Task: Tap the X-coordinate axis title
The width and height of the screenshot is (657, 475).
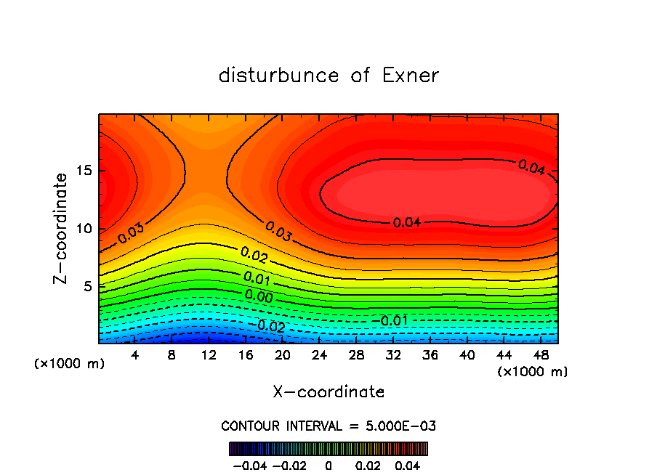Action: tap(328, 392)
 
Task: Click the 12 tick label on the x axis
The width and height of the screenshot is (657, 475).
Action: tap(209, 355)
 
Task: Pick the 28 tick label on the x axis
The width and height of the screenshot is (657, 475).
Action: tap(355, 355)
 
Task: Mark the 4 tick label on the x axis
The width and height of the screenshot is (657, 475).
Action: tap(135, 355)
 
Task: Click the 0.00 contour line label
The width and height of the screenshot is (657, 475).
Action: tap(259, 296)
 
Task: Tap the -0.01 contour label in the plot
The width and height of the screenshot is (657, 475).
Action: tap(393, 320)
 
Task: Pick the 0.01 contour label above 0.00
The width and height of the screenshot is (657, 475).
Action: tap(258, 278)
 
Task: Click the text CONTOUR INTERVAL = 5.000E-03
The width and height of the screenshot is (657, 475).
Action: tap(328, 426)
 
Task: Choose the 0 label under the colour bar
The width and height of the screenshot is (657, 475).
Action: tap(328, 465)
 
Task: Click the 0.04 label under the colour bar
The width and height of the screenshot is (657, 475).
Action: tap(408, 465)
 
